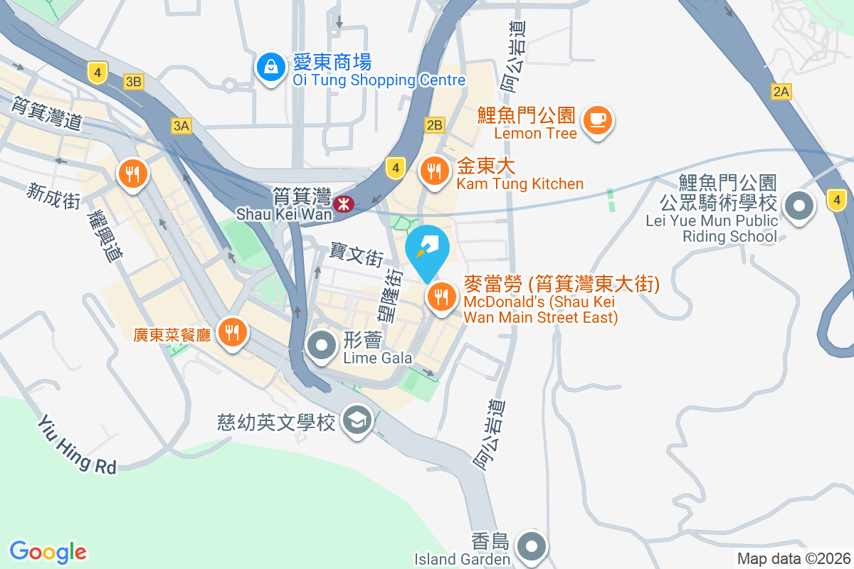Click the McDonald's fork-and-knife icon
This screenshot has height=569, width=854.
click(x=441, y=297)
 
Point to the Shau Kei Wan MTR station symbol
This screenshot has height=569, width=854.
click(x=345, y=204)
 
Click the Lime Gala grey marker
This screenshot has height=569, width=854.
click(x=322, y=346)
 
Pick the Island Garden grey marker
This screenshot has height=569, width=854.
click(x=532, y=546)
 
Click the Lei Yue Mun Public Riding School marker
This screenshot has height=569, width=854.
click(x=798, y=207)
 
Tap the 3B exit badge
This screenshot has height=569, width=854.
click(x=133, y=83)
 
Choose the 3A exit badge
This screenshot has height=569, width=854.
click(x=181, y=126)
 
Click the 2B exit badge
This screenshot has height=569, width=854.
click(x=434, y=126)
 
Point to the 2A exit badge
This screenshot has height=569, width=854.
click(x=781, y=91)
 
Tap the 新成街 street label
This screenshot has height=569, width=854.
click(x=53, y=195)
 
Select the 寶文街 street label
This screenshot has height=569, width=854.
click(x=357, y=254)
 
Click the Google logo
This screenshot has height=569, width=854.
click(x=48, y=551)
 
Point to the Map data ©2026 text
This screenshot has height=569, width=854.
click(x=794, y=558)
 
